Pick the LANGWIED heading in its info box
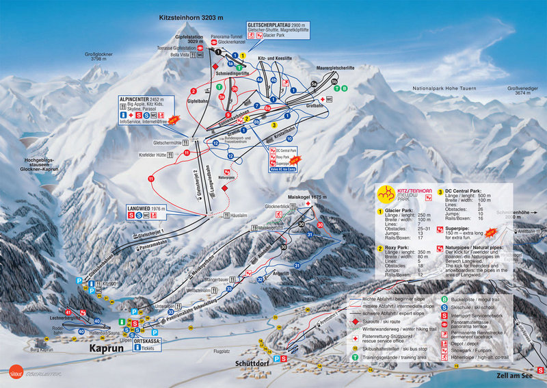tap(142, 207)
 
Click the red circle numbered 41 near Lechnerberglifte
tap(68, 312)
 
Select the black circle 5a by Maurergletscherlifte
tap(315, 83)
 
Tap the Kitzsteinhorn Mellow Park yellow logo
tap(389, 194)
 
